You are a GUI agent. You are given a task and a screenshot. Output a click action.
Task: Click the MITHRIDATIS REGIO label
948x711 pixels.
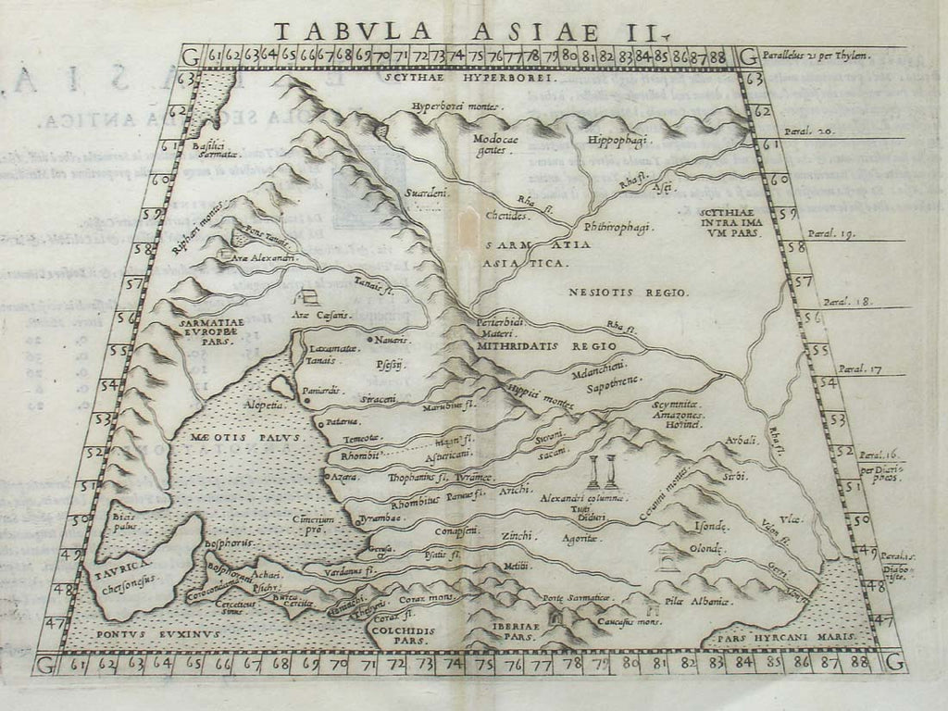pos(546,345)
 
